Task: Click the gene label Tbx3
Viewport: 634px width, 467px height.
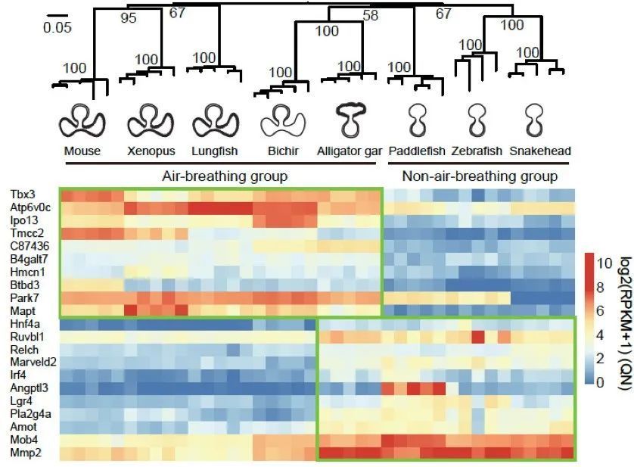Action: pyautogui.click(x=20, y=195)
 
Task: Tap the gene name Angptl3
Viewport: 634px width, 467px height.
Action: pyautogui.click(x=27, y=388)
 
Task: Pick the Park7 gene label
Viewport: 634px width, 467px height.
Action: pyautogui.click(x=23, y=298)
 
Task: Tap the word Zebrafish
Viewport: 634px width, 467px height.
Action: pyautogui.click(x=474, y=151)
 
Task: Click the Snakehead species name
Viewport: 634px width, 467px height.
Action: pyautogui.click(x=540, y=151)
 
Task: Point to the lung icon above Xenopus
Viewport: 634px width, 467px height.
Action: pyautogui.click(x=147, y=120)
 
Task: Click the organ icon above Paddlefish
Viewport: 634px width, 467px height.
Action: pyautogui.click(x=415, y=120)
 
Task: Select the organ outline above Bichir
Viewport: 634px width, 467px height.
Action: pyautogui.click(x=282, y=120)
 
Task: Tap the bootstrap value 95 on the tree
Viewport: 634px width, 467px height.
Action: pyautogui.click(x=129, y=17)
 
